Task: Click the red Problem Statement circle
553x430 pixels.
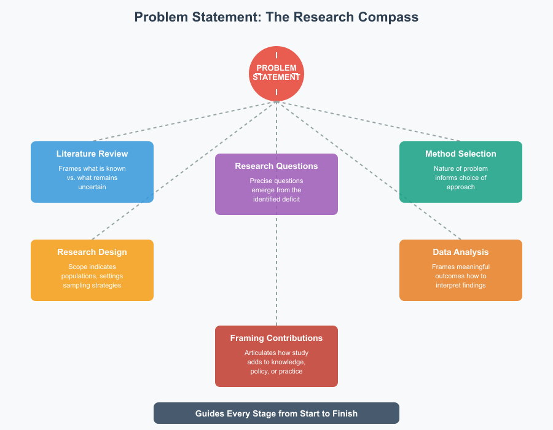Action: tap(276, 73)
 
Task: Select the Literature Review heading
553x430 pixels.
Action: tap(92, 154)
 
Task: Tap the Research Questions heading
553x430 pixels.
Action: tap(276, 166)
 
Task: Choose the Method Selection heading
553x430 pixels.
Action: tap(461, 154)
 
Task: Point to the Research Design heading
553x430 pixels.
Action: tap(92, 252)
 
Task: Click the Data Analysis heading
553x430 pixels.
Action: tap(461, 252)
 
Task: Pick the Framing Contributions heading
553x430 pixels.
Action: tap(276, 338)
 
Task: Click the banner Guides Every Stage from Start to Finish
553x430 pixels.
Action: tap(276, 413)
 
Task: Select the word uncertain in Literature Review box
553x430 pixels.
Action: tap(92, 187)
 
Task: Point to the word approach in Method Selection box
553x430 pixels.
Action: tap(461, 187)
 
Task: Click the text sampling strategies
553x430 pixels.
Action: tap(92, 285)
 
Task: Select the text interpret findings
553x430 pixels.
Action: tap(461, 285)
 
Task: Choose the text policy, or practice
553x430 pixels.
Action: tap(276, 371)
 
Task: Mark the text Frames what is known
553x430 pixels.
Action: tap(92, 168)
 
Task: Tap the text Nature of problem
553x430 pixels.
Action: tap(461, 168)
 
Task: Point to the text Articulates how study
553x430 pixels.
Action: tap(276, 353)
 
